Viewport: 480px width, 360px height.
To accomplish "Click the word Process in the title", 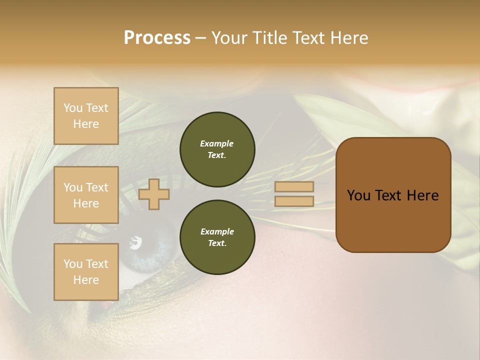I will (157, 38).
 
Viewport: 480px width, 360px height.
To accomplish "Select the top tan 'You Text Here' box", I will (86, 116).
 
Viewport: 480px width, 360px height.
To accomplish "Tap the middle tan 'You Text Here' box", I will (86, 195).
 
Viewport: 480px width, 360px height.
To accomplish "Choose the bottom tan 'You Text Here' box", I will (86, 271).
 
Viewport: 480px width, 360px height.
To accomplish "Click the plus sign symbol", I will (154, 194).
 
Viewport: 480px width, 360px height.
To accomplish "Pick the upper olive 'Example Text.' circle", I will (217, 149).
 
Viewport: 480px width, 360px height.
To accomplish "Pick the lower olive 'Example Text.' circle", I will (217, 237).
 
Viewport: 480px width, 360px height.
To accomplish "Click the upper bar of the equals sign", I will (294, 186).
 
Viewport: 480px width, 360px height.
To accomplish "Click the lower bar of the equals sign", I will (294, 201).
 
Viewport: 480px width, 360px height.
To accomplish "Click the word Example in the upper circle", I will (217, 143).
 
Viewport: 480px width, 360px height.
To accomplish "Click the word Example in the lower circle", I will (217, 231).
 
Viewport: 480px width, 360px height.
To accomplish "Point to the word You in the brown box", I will (358, 195).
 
